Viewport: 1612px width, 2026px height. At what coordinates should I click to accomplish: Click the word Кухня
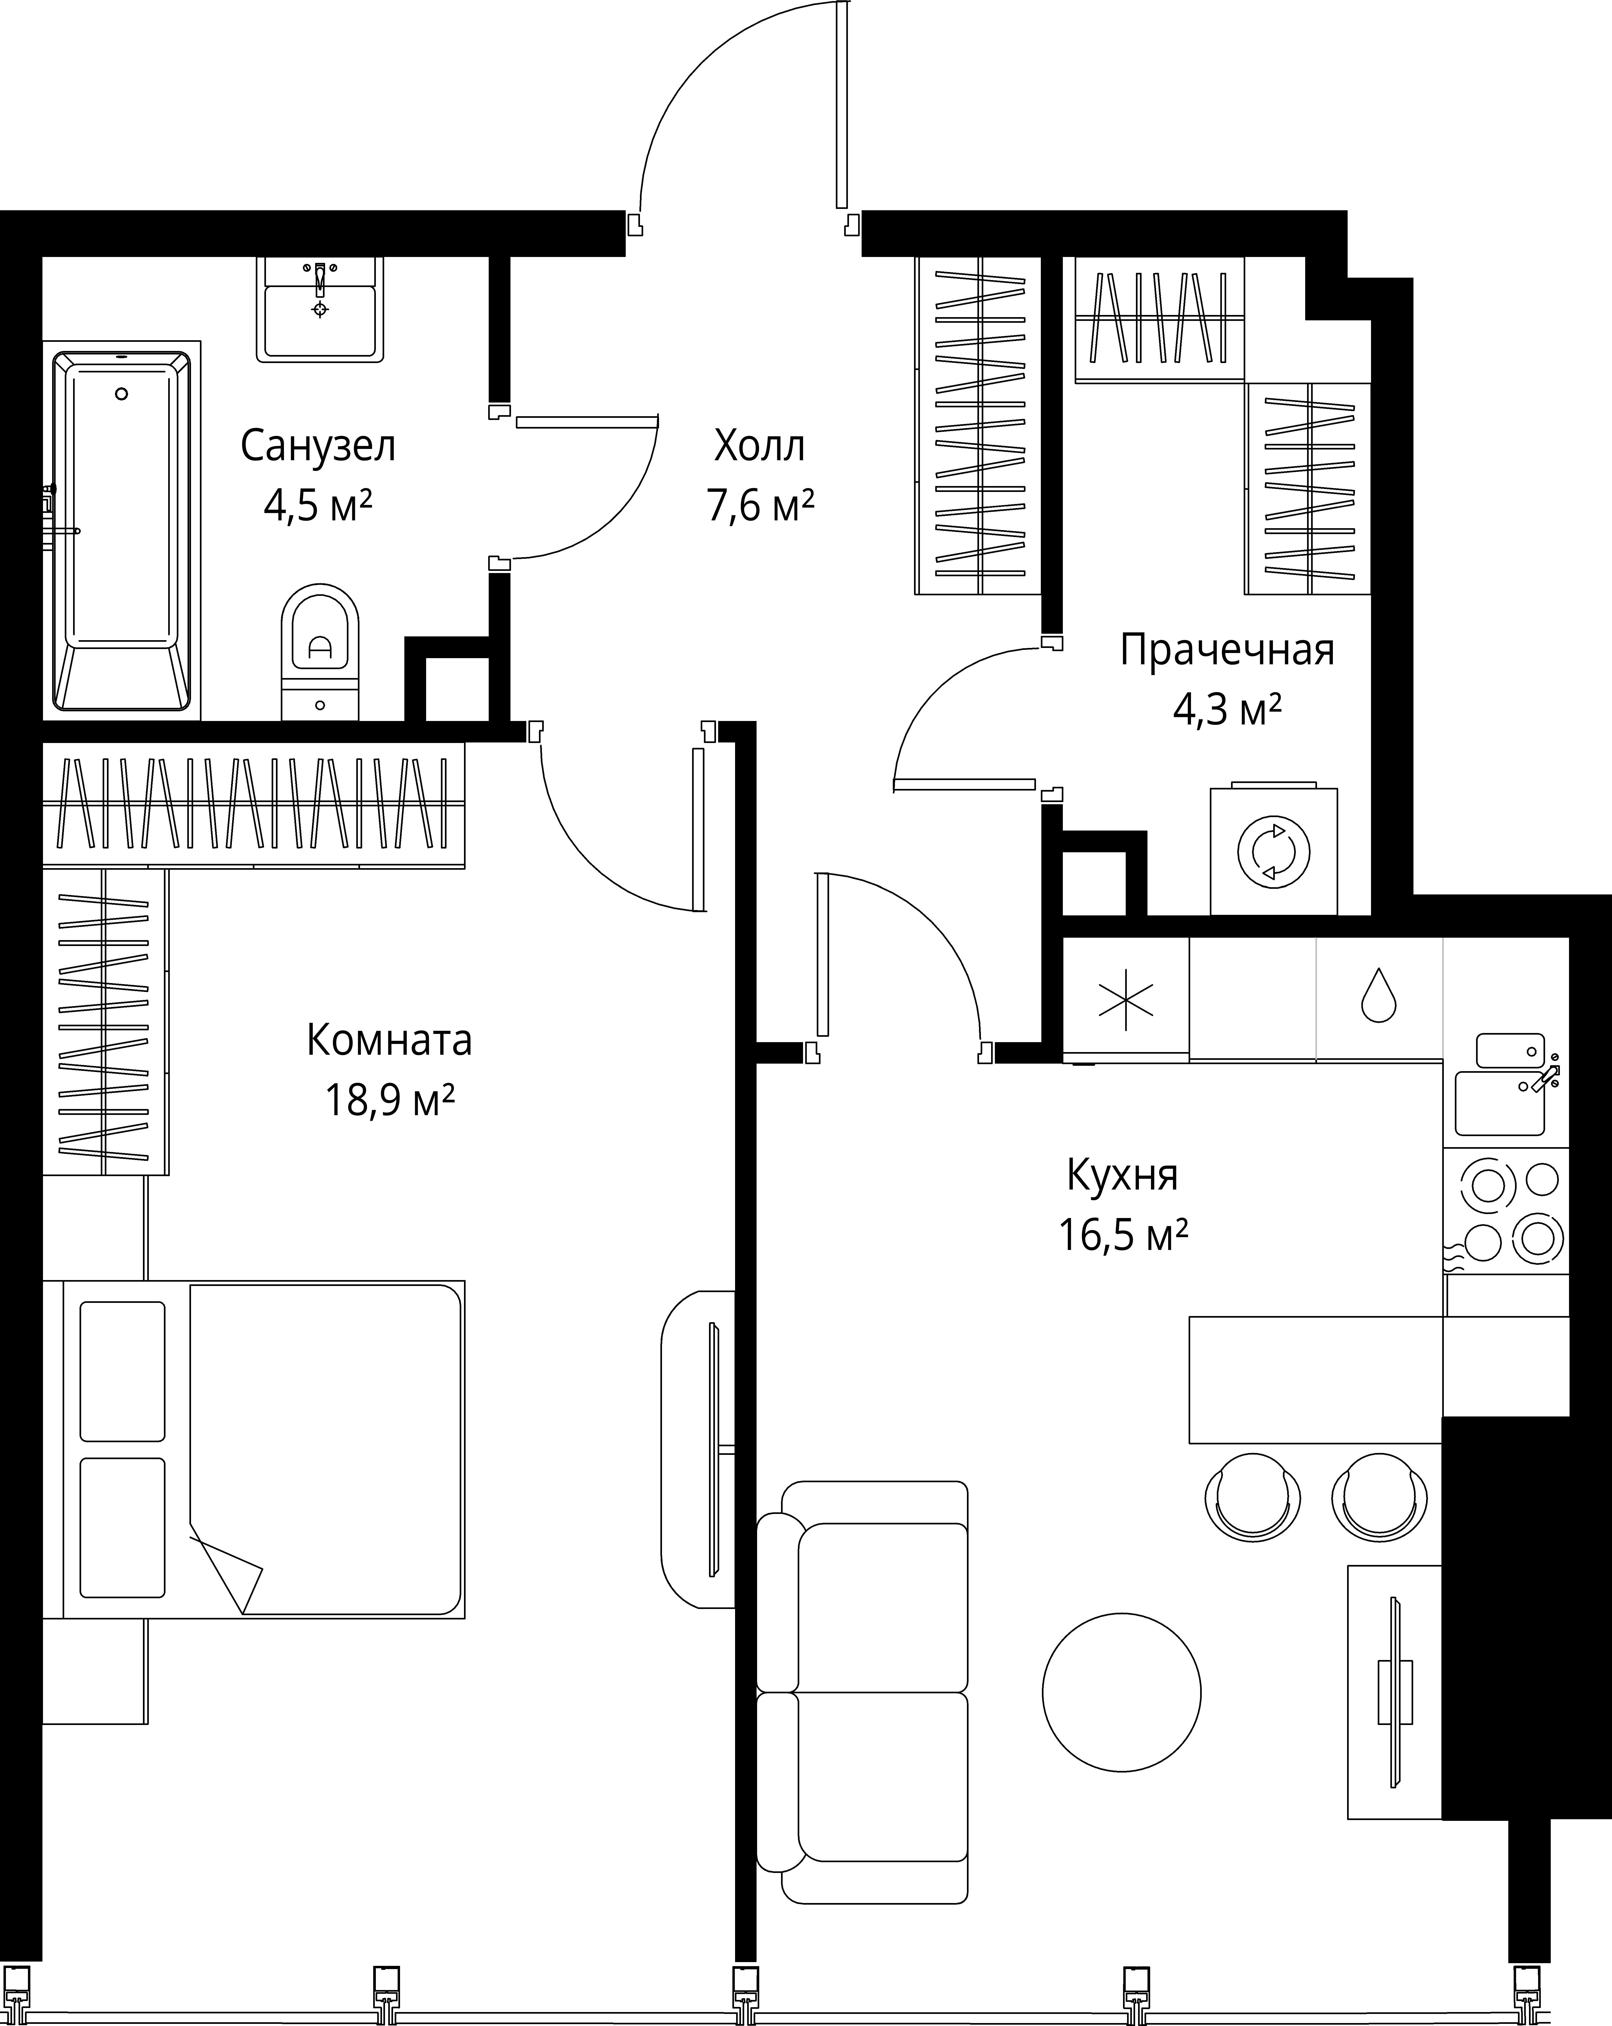point(1122,1176)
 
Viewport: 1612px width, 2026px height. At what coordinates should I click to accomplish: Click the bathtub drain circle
point(121,394)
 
